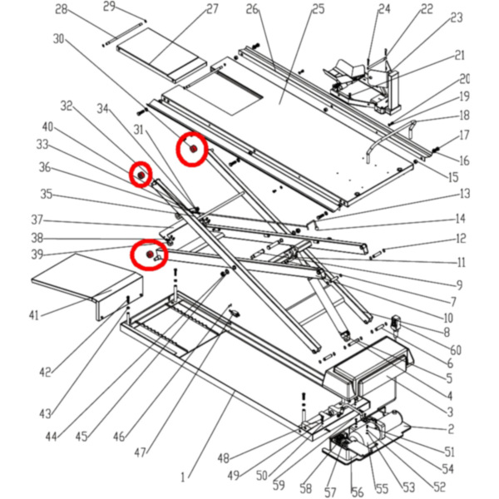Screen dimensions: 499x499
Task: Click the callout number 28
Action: [x=61, y=9]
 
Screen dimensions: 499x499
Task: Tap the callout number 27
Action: [x=212, y=9]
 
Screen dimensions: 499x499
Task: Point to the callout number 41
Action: [x=34, y=315]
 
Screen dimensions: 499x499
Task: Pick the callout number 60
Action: [x=457, y=349]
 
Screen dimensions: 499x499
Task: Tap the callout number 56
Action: [x=358, y=492]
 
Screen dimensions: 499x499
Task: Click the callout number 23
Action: [x=456, y=17]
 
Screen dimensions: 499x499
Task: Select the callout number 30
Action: [x=58, y=38]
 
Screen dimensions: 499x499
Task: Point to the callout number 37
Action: [x=37, y=220]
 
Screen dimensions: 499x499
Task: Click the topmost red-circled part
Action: [x=192, y=149]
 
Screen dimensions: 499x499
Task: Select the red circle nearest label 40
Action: [x=141, y=175]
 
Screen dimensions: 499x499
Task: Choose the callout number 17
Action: [x=464, y=135]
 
